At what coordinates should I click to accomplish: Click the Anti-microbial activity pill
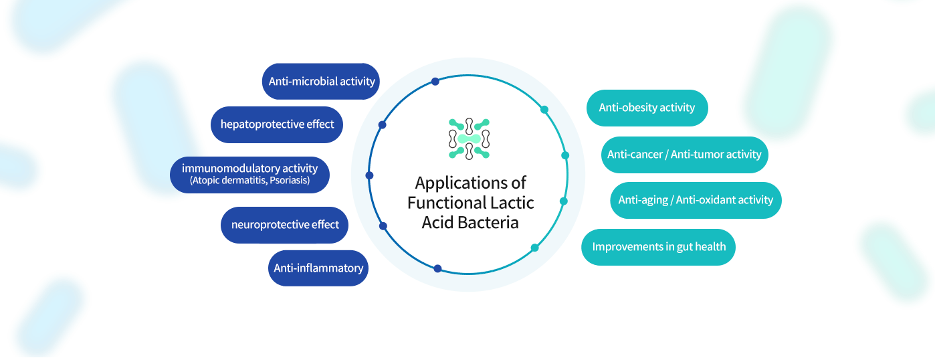(x=321, y=82)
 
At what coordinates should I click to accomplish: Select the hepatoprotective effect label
(x=277, y=124)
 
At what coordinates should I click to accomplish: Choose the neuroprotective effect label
(x=285, y=225)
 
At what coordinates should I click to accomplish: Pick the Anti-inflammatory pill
(x=318, y=268)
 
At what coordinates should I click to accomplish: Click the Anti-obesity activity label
(x=647, y=108)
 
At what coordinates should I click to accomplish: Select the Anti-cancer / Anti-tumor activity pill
(x=684, y=155)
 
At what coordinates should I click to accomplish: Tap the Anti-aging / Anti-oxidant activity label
(x=696, y=200)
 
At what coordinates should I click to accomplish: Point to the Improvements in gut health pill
(x=659, y=247)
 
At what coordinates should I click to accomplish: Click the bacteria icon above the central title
(x=469, y=139)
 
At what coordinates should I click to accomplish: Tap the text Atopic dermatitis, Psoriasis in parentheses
(x=249, y=181)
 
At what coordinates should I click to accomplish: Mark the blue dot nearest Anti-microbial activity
(x=435, y=82)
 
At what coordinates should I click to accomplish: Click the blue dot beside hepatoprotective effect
(x=382, y=125)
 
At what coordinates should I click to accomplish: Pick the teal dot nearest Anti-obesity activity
(x=544, y=109)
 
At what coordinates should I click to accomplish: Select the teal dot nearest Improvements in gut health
(x=534, y=248)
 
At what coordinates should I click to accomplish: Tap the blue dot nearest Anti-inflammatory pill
(x=437, y=269)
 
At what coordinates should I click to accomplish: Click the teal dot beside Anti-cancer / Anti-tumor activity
(x=565, y=155)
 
